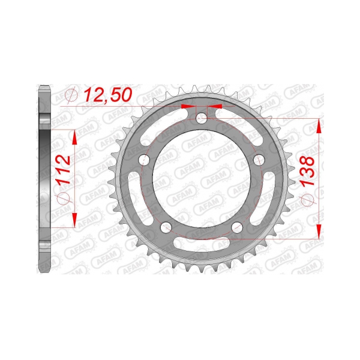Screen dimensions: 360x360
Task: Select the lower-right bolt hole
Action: point(237,227)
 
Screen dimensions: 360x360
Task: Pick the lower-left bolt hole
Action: point(166,227)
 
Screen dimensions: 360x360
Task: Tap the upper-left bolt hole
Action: point(143,160)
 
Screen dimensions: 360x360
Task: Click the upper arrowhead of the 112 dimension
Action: point(74,137)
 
